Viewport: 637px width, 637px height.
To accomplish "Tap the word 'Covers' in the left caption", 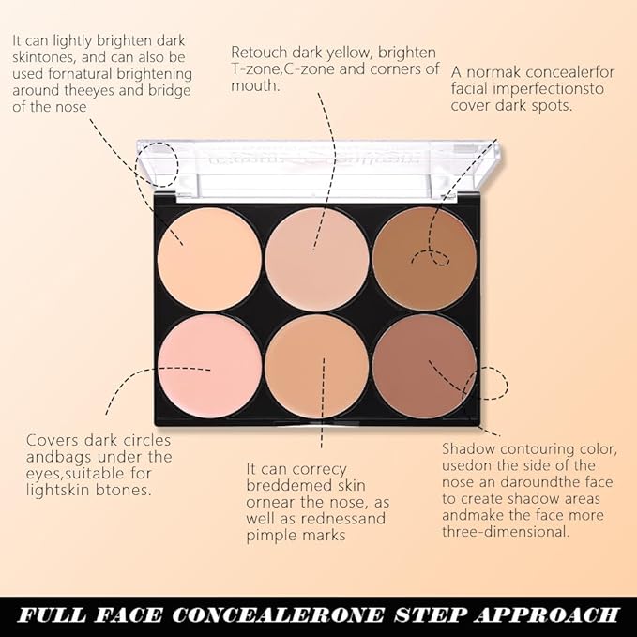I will (52, 440).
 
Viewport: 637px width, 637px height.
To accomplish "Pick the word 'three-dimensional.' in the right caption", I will (503, 531).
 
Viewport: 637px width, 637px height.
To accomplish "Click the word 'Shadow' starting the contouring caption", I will (469, 448).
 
